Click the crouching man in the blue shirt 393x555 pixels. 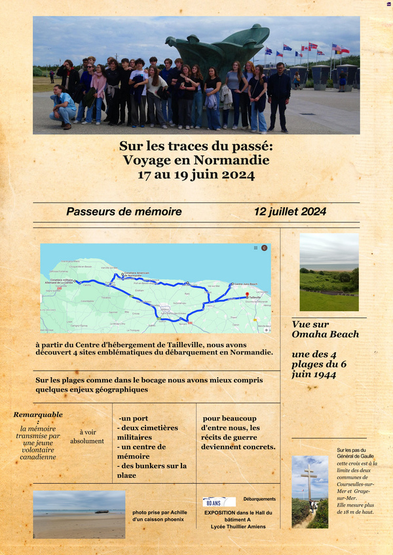(x=63, y=105)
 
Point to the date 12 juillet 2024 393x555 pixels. (x=290, y=212)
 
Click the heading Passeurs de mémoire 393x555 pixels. (x=124, y=212)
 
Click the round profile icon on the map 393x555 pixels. (x=265, y=248)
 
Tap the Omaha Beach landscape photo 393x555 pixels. (x=329, y=272)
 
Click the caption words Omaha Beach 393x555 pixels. (x=326, y=334)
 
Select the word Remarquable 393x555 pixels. (x=38, y=414)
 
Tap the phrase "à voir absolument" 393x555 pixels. (x=87, y=437)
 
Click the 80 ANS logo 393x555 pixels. (x=219, y=502)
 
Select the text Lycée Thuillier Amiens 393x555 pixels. (x=234, y=526)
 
